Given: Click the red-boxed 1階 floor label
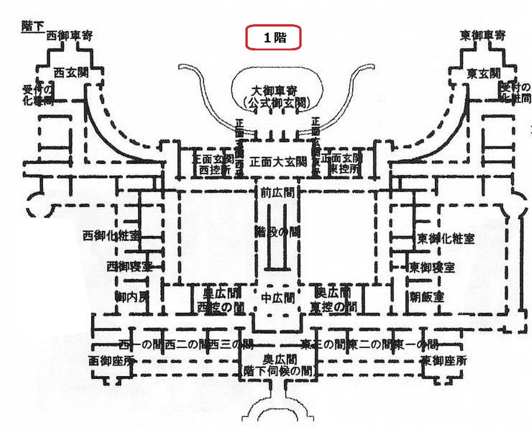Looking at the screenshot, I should click(x=274, y=38).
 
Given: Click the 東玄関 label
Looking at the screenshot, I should click(x=484, y=74).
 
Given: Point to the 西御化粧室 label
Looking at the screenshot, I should click(x=111, y=235).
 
